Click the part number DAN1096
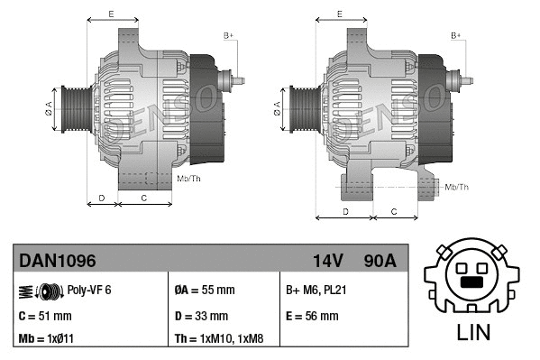point(57,261)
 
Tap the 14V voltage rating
point(327,261)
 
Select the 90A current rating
point(380,261)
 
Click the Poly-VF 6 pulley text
point(89,291)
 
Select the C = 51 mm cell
point(46,316)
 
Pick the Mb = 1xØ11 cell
point(48,339)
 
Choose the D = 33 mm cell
point(201,316)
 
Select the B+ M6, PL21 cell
point(317,291)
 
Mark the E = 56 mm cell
point(312,316)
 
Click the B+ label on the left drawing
point(228,35)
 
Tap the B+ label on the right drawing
point(455,35)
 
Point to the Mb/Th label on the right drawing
point(458,187)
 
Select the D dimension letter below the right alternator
point(346,211)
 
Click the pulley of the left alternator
point(72,112)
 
